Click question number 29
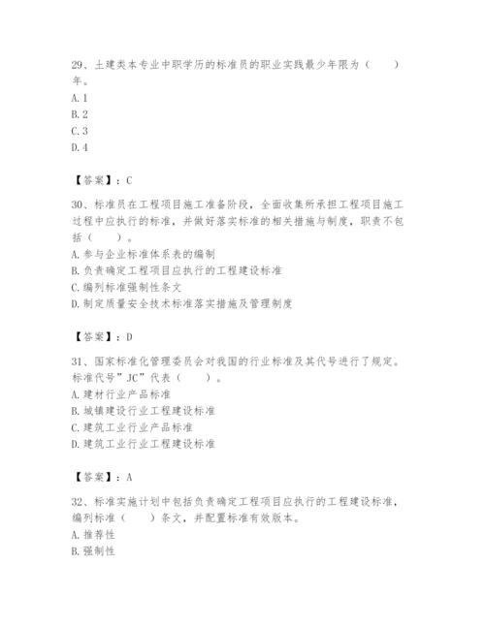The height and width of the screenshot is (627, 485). (x=80, y=64)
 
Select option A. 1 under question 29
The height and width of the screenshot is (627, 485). (x=80, y=98)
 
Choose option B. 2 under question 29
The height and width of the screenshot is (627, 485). (x=80, y=114)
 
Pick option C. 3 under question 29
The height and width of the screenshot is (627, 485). (x=80, y=131)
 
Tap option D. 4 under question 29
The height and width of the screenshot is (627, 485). (x=80, y=147)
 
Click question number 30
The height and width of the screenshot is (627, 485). (x=80, y=204)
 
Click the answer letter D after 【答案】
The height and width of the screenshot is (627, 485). (x=128, y=336)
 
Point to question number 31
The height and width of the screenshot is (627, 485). (x=80, y=361)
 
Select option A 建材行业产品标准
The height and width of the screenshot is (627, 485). (x=125, y=394)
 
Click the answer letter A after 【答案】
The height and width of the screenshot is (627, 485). (x=128, y=477)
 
